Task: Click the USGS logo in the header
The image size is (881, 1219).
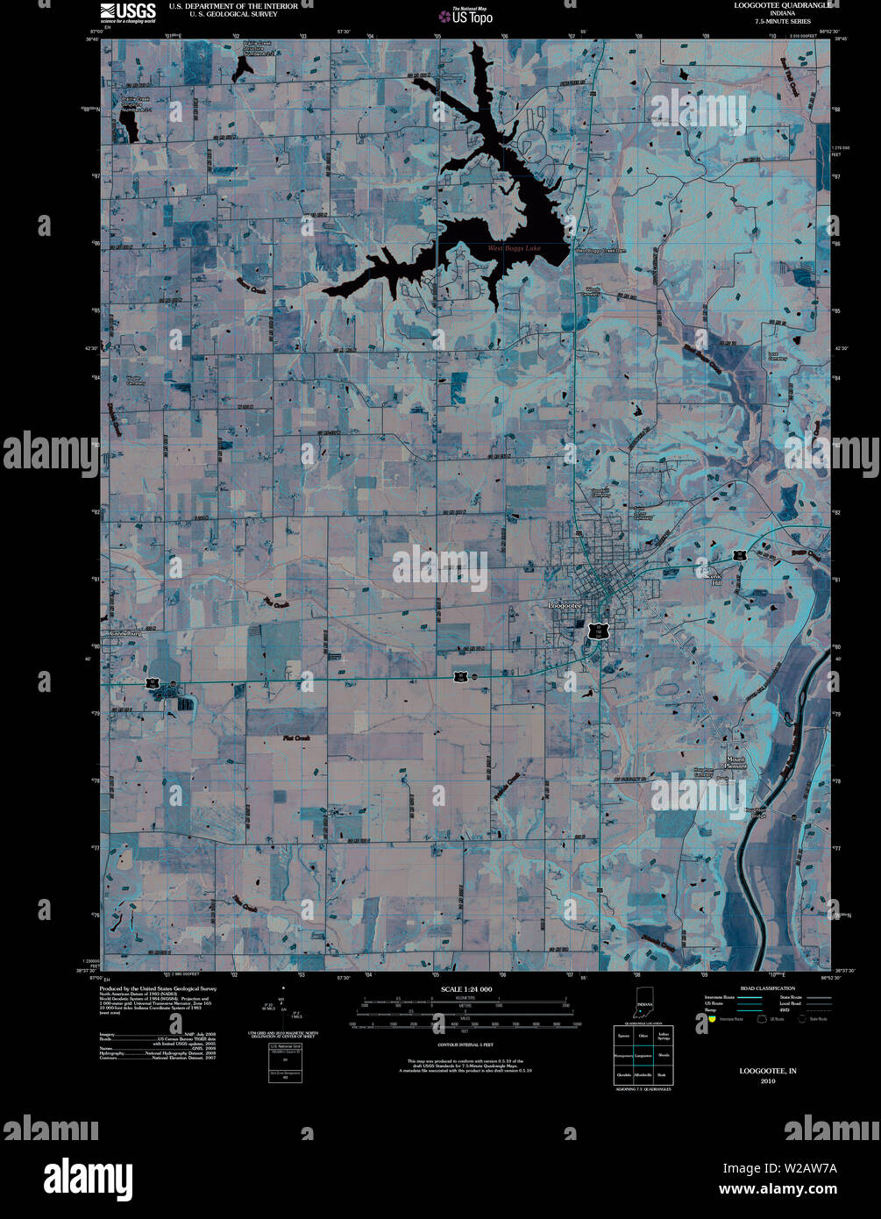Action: (128, 11)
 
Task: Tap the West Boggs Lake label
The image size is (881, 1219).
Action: (514, 249)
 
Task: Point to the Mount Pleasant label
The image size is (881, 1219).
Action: (736, 762)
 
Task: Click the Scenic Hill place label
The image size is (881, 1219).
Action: (716, 579)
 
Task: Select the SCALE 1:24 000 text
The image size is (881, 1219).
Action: (465, 989)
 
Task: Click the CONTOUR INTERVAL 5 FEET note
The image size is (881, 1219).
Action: (465, 1044)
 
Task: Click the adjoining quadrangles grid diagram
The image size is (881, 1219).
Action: (643, 1056)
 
